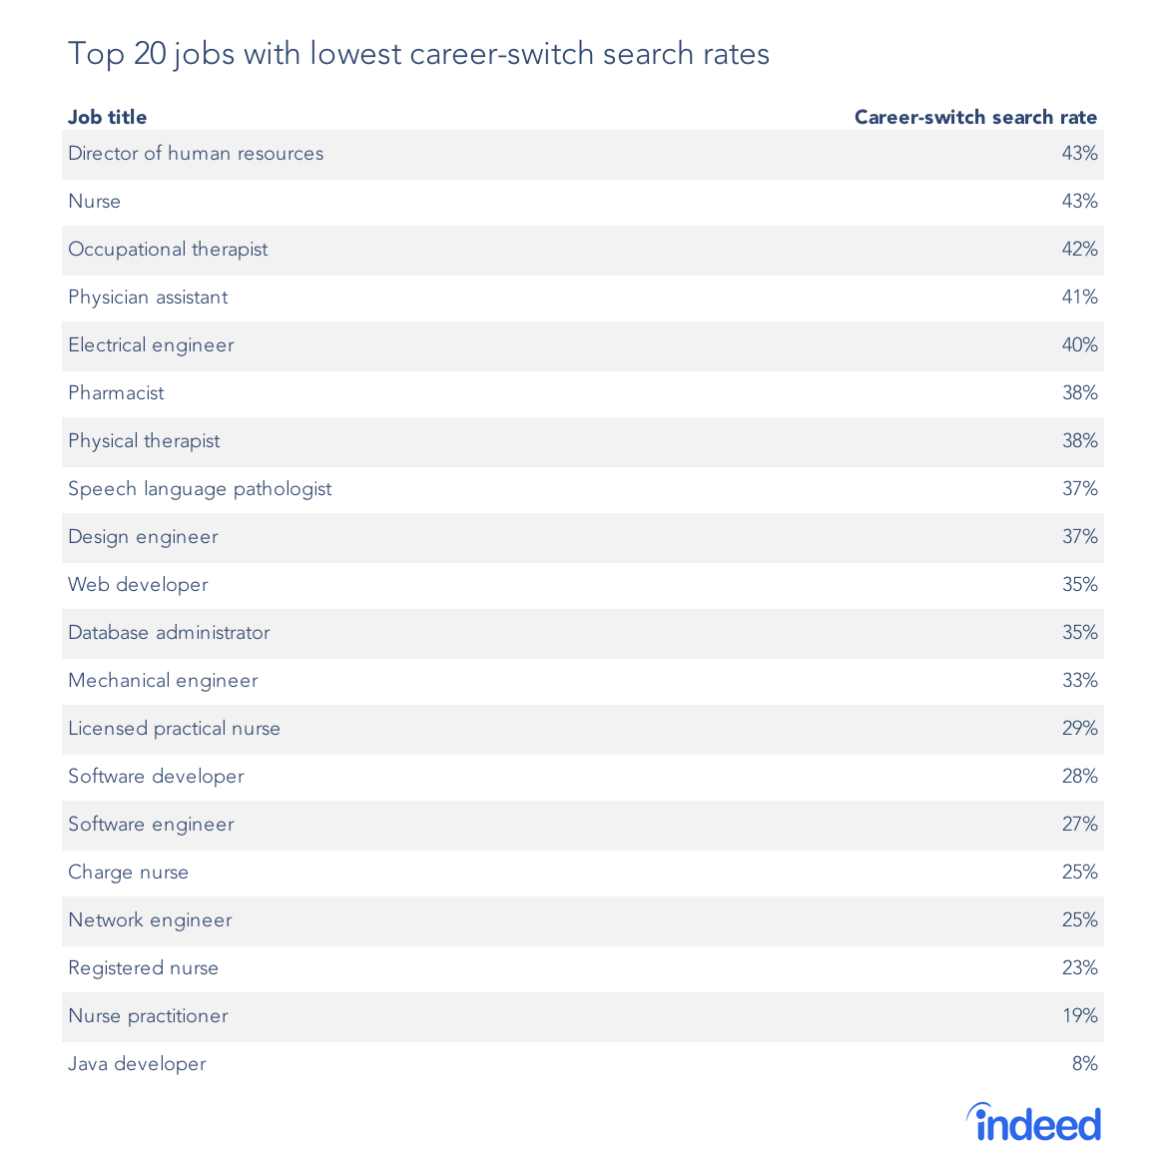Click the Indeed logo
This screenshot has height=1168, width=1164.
click(x=1034, y=1123)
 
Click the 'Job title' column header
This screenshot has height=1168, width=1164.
click(x=107, y=117)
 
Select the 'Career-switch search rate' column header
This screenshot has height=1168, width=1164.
click(x=975, y=117)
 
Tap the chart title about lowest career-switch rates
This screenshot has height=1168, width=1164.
click(x=418, y=53)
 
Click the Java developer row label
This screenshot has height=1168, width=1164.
click(x=137, y=1064)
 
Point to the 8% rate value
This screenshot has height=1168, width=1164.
click(x=1084, y=1064)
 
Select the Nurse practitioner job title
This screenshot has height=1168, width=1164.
click(x=148, y=1016)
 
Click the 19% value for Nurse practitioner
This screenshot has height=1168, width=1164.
click(x=1079, y=1016)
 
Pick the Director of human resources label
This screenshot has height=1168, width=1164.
click(x=196, y=154)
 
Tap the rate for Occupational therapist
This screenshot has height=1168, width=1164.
click(x=1079, y=250)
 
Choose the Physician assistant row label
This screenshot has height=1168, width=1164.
click(x=148, y=297)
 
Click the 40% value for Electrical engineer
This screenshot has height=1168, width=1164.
click(x=1079, y=345)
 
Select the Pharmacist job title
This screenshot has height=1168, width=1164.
click(x=116, y=393)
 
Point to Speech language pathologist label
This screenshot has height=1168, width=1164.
click(x=200, y=489)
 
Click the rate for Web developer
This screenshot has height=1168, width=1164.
click(x=1079, y=585)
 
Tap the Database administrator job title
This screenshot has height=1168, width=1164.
click(x=169, y=633)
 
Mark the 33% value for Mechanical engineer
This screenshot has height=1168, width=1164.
click(x=1079, y=681)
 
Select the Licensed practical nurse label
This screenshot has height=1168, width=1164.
click(x=174, y=729)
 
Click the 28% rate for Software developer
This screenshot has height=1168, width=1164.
click(x=1079, y=777)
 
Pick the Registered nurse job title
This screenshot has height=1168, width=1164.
click(x=143, y=968)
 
